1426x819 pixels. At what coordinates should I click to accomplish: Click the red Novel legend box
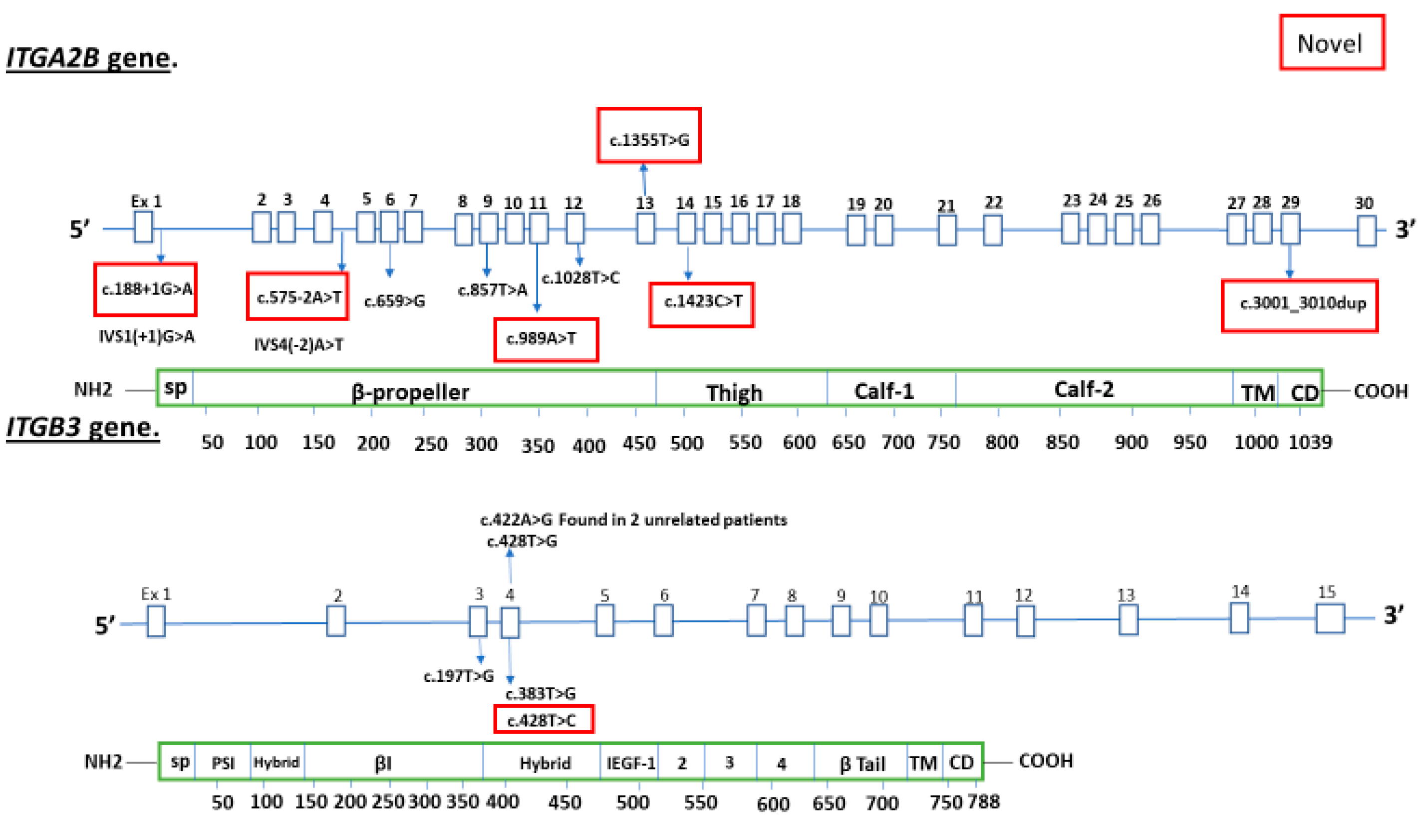click(x=1331, y=43)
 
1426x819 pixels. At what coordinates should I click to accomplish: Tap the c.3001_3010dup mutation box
click(x=1299, y=305)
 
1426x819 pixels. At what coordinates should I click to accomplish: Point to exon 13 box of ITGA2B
click(x=645, y=229)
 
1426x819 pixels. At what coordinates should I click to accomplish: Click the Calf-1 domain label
click(x=884, y=390)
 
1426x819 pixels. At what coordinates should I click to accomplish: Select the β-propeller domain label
click(x=410, y=391)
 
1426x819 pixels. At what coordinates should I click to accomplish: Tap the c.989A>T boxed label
click(x=545, y=339)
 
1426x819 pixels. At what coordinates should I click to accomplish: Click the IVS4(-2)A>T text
click(x=298, y=344)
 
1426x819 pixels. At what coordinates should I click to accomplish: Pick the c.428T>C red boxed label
click(x=543, y=720)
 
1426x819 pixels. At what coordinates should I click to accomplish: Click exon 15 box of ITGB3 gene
click(x=1329, y=618)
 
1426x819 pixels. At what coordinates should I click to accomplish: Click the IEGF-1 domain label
click(x=630, y=763)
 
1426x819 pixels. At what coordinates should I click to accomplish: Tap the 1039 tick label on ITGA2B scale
click(x=1310, y=443)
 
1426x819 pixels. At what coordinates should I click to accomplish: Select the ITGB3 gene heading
click(x=83, y=428)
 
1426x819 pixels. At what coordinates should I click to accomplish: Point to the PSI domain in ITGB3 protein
click(x=223, y=763)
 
